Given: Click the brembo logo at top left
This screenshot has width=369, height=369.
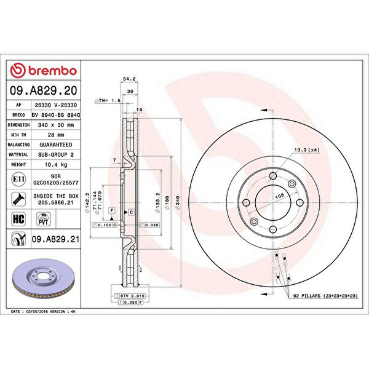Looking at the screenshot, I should tap(44, 71).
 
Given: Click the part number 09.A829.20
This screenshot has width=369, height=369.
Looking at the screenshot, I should tap(44, 91).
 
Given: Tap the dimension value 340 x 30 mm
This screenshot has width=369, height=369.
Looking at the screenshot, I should tap(55, 124).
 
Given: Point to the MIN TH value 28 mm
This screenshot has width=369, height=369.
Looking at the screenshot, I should tap(55, 135).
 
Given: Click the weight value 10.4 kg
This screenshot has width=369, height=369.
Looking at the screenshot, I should tap(55, 165).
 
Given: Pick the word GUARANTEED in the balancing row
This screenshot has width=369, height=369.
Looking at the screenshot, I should tap(55, 145).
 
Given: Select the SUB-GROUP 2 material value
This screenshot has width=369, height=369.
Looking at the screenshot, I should tap(55, 155).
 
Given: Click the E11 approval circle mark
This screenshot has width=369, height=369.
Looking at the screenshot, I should tap(18, 179).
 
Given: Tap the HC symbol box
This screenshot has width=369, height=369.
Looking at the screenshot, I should tap(18, 218).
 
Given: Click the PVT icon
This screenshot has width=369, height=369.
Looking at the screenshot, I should tap(44, 218).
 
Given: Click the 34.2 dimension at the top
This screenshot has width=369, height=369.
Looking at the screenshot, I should tap(129, 79).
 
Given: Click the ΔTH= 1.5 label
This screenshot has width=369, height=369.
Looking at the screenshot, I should tap(105, 99).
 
